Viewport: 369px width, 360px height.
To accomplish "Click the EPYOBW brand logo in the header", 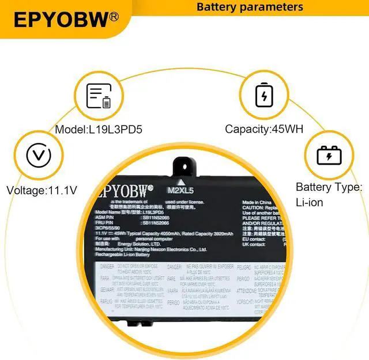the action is pyautogui.click(x=61, y=20).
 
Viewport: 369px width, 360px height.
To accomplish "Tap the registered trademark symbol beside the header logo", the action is pyautogui.click(x=114, y=17).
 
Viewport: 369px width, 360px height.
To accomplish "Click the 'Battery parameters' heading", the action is pyautogui.click(x=250, y=7).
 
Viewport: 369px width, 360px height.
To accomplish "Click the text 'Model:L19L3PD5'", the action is pyautogui.click(x=99, y=130).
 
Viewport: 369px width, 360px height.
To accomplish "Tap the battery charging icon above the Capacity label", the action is pyautogui.click(x=264, y=96).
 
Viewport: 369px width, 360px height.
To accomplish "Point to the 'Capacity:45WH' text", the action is pyautogui.click(x=264, y=130).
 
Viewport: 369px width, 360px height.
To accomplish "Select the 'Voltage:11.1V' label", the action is pyautogui.click(x=42, y=190).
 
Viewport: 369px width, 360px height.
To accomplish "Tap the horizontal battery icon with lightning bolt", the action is pyautogui.click(x=330, y=156).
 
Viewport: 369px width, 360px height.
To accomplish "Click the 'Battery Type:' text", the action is pyautogui.click(x=329, y=187).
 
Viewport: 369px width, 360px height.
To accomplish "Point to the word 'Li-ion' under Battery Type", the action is pyautogui.click(x=309, y=203).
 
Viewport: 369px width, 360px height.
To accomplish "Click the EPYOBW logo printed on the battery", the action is pyautogui.click(x=124, y=189).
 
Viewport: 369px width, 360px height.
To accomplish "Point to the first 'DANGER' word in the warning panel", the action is pyautogui.click(x=107, y=267).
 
